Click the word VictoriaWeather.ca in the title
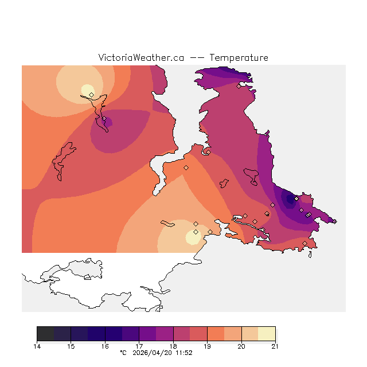[141, 58]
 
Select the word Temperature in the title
[239, 58]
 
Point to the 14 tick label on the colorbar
[37, 346]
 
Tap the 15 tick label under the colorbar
[71, 346]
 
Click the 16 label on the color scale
[105, 346]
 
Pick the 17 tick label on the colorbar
[139, 346]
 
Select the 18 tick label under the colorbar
[173, 346]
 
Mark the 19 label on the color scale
[207, 346]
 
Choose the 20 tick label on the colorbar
[241, 346]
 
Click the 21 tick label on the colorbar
[275, 346]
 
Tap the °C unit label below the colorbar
[123, 353]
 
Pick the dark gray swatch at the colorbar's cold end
[46, 334]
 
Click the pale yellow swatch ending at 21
[267, 334]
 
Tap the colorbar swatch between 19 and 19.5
[216, 334]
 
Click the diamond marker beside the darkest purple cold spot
[296, 199]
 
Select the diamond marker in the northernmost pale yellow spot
[91, 95]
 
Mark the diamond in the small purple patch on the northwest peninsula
[104, 120]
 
